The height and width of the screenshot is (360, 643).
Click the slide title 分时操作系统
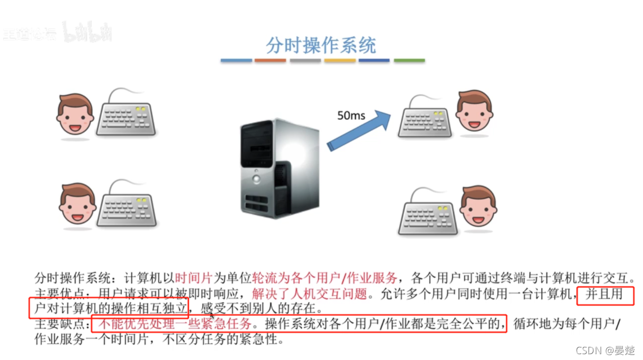point(321,45)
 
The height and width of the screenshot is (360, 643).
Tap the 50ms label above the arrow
point(351,115)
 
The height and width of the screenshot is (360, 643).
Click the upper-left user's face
point(75,114)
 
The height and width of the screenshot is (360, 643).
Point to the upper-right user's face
point(474,110)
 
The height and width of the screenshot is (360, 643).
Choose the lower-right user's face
point(478,206)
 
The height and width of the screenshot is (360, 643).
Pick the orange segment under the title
point(270,61)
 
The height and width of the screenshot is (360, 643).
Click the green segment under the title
point(409,61)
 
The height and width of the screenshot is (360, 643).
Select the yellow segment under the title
point(340,61)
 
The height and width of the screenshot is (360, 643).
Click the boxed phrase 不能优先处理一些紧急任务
point(172,323)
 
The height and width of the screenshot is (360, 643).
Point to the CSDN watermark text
point(604,351)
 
